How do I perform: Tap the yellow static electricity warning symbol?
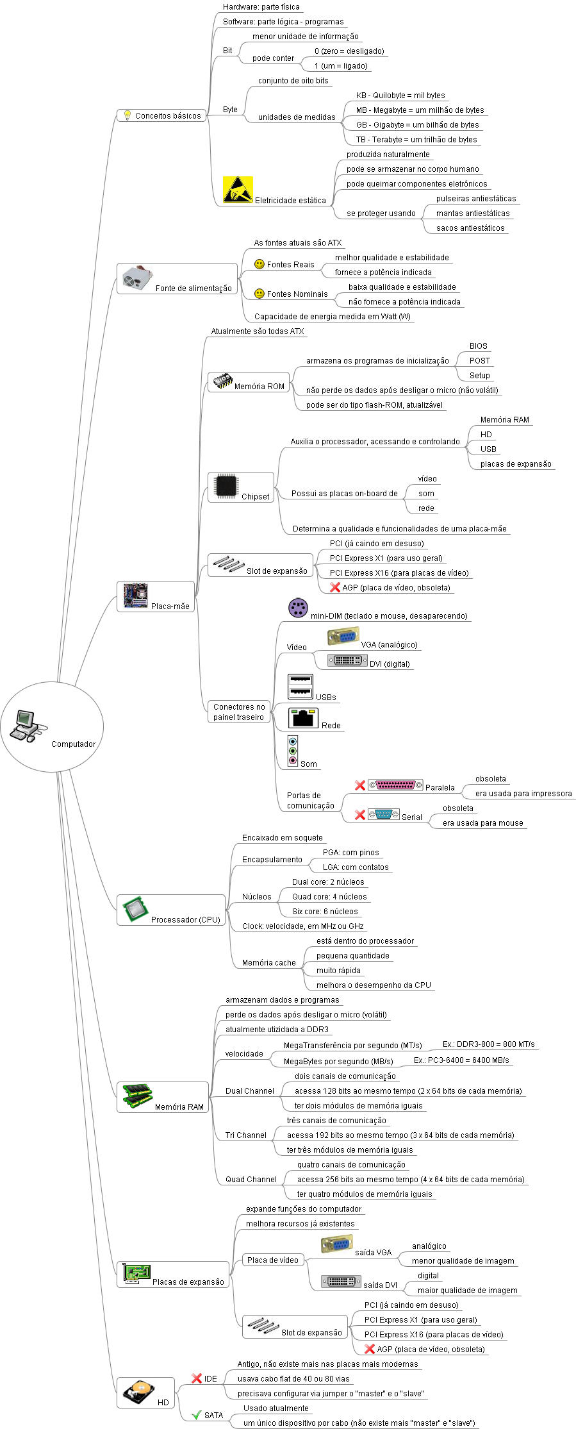pyautogui.click(x=238, y=190)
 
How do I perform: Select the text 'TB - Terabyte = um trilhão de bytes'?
pyautogui.click(x=416, y=140)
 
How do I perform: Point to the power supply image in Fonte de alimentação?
pyautogui.click(x=138, y=278)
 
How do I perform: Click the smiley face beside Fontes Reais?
pyautogui.click(x=259, y=264)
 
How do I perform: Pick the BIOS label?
pyautogui.click(x=478, y=346)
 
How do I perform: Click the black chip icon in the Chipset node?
pyautogui.click(x=227, y=486)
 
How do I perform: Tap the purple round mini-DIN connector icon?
pyautogui.click(x=298, y=608)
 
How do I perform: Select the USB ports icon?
pyautogui.click(x=300, y=686)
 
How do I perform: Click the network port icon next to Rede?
pyautogui.click(x=304, y=718)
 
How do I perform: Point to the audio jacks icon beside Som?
pyautogui.click(x=293, y=751)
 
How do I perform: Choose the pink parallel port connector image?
pyautogui.click(x=395, y=785)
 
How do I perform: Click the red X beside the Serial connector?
pyautogui.click(x=360, y=815)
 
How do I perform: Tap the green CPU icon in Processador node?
pyautogui.click(x=135, y=909)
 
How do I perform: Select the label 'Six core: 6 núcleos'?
pyautogui.click(x=325, y=912)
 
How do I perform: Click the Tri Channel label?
pyautogui.click(x=245, y=1135)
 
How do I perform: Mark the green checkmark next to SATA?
pyautogui.click(x=197, y=1415)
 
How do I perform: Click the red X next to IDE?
pyautogui.click(x=197, y=1378)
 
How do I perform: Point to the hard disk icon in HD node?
pyautogui.click(x=138, y=1392)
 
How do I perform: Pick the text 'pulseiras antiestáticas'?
pyautogui.click(x=476, y=199)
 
